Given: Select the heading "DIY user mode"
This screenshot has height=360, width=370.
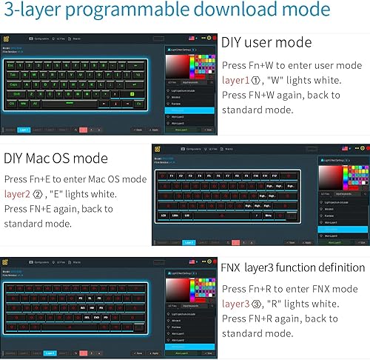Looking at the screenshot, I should tap(266, 42).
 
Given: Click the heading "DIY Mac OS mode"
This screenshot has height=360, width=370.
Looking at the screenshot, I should tap(55, 159).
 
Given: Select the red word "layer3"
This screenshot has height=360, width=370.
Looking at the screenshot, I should tap(238, 302).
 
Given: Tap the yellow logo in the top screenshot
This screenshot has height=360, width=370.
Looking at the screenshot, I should tap(8, 37).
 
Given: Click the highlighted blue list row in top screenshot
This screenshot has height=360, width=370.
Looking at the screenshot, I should tap(189, 110).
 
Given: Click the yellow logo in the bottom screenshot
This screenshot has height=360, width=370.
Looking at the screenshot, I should tap(8, 262).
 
